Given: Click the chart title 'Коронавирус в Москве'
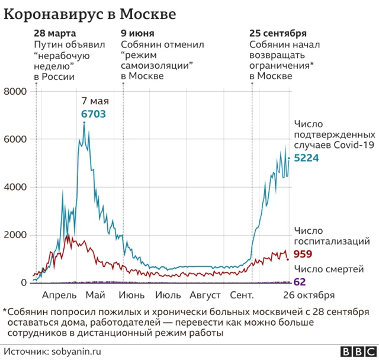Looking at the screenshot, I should (90, 13).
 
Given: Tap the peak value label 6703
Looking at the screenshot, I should (93, 114).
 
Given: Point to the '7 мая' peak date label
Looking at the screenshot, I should (93, 101).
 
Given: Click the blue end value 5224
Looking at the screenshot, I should (307, 158).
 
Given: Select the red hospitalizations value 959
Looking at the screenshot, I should (303, 254).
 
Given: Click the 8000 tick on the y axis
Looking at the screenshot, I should (15, 91).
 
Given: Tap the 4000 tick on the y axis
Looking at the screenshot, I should (15, 187).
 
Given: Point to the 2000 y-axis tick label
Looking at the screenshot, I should (15, 235).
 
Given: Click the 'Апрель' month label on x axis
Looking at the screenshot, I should (59, 295).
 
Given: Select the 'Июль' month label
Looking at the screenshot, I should (168, 295).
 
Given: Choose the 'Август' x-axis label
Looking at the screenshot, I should (205, 295).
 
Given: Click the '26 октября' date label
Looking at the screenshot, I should (308, 295).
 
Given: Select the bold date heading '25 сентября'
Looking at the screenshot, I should (278, 33).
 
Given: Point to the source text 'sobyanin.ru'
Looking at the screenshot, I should (70, 351).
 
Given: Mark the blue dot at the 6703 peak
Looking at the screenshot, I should (84, 123).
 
